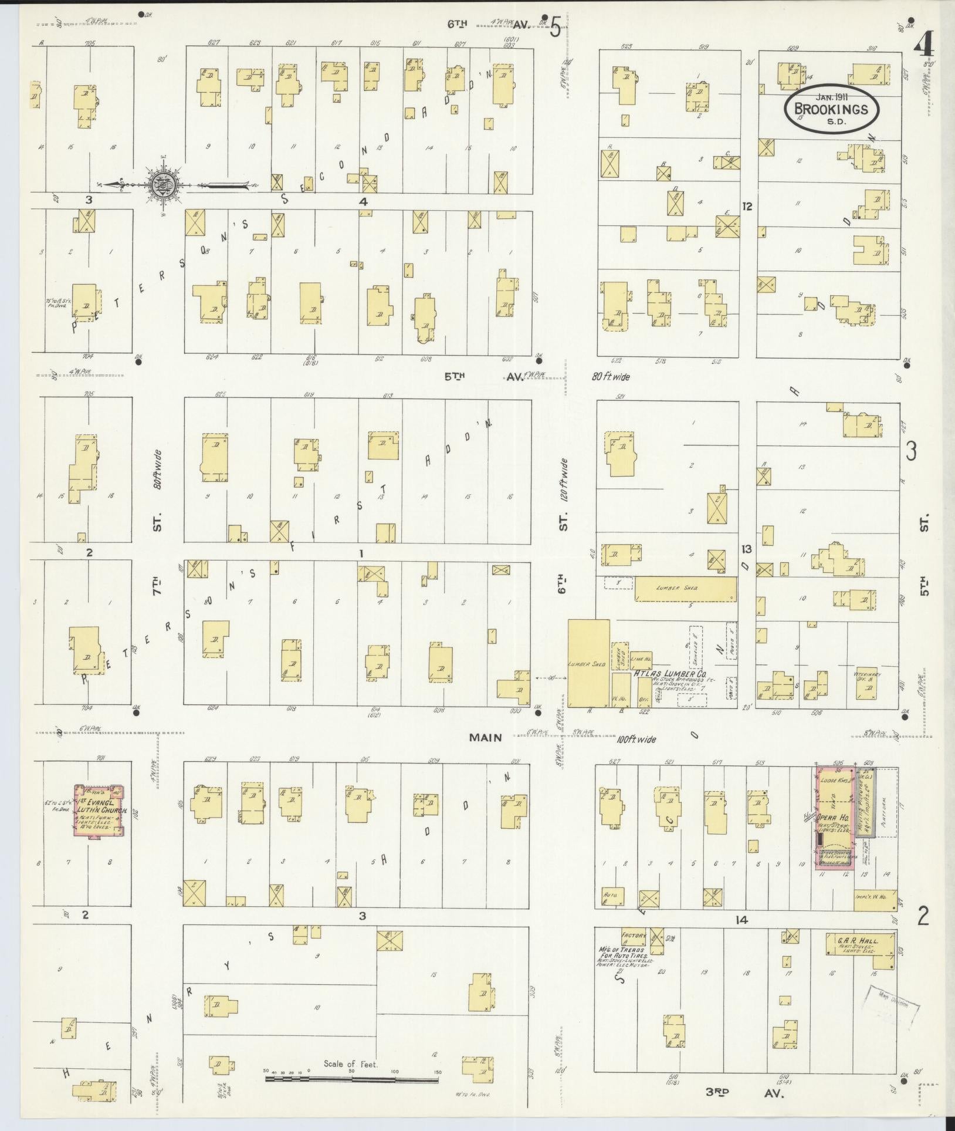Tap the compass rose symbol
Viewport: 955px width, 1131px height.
click(x=160, y=185)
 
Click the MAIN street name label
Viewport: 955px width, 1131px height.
click(x=486, y=738)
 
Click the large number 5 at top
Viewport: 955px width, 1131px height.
click(x=554, y=26)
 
